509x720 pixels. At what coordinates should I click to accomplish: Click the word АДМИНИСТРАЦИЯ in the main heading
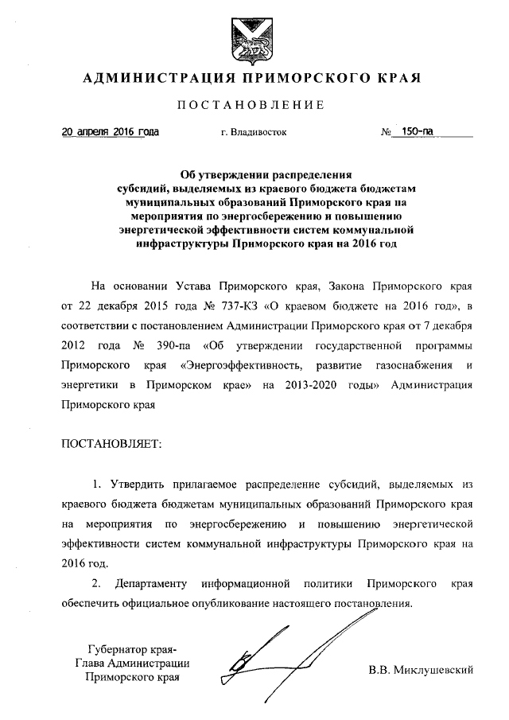coord(150,79)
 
